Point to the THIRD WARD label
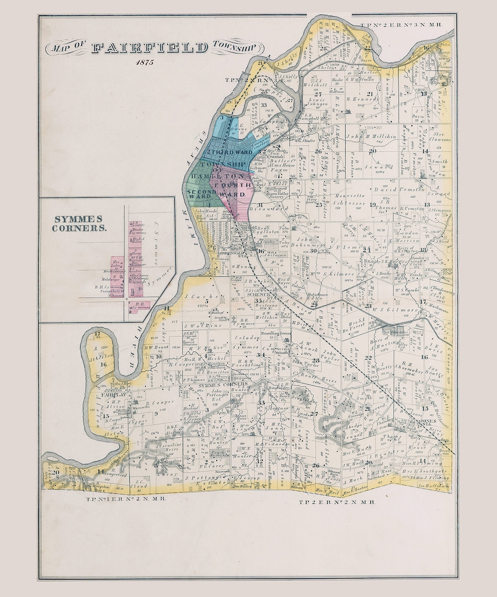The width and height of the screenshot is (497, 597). coord(232,152)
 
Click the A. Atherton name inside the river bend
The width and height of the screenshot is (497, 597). coord(105,353)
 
